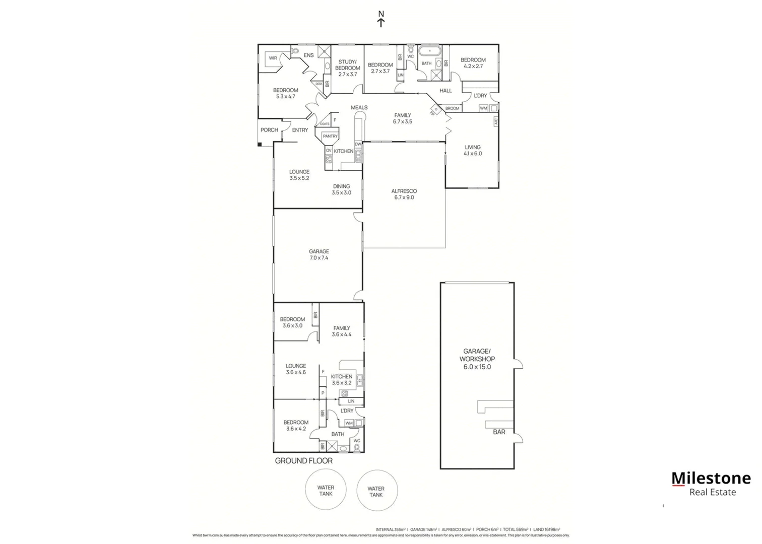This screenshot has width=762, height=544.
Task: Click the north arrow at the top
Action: pyautogui.click(x=381, y=19)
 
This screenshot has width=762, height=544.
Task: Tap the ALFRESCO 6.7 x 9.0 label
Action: pyautogui.click(x=404, y=194)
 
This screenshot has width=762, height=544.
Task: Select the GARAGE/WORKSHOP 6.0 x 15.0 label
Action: pyautogui.click(x=477, y=359)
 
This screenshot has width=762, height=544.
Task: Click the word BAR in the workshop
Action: pyautogui.click(x=499, y=432)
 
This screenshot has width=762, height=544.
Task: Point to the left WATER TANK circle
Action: pyautogui.click(x=326, y=491)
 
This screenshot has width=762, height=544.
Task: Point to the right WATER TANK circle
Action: pyautogui.click(x=376, y=491)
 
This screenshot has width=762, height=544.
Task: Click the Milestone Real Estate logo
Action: pyautogui.click(x=711, y=484)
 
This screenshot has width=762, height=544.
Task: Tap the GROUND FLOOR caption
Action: pyautogui.click(x=303, y=460)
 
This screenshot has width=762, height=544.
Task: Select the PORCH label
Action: pyautogui.click(x=269, y=130)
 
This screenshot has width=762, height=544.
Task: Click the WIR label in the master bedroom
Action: pyautogui.click(x=273, y=58)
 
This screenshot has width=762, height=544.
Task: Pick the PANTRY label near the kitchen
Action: pyautogui.click(x=330, y=137)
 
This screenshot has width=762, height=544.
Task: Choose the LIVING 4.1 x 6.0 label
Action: pyautogui.click(x=473, y=150)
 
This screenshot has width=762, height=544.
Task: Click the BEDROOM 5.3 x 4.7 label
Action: pyautogui.click(x=285, y=93)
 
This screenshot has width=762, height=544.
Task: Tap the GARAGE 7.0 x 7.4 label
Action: pyautogui.click(x=319, y=254)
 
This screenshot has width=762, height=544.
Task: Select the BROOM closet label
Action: pyautogui.click(x=452, y=108)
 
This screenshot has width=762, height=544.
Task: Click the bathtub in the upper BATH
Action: pyautogui.click(x=429, y=51)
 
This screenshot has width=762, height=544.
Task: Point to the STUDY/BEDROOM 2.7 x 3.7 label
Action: pyautogui.click(x=347, y=68)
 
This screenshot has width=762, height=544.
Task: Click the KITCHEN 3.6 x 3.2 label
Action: pyautogui.click(x=341, y=379)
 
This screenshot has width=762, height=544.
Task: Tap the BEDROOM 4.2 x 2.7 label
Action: pyautogui.click(x=473, y=63)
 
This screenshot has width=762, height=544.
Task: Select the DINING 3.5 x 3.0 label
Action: pyautogui.click(x=341, y=189)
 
